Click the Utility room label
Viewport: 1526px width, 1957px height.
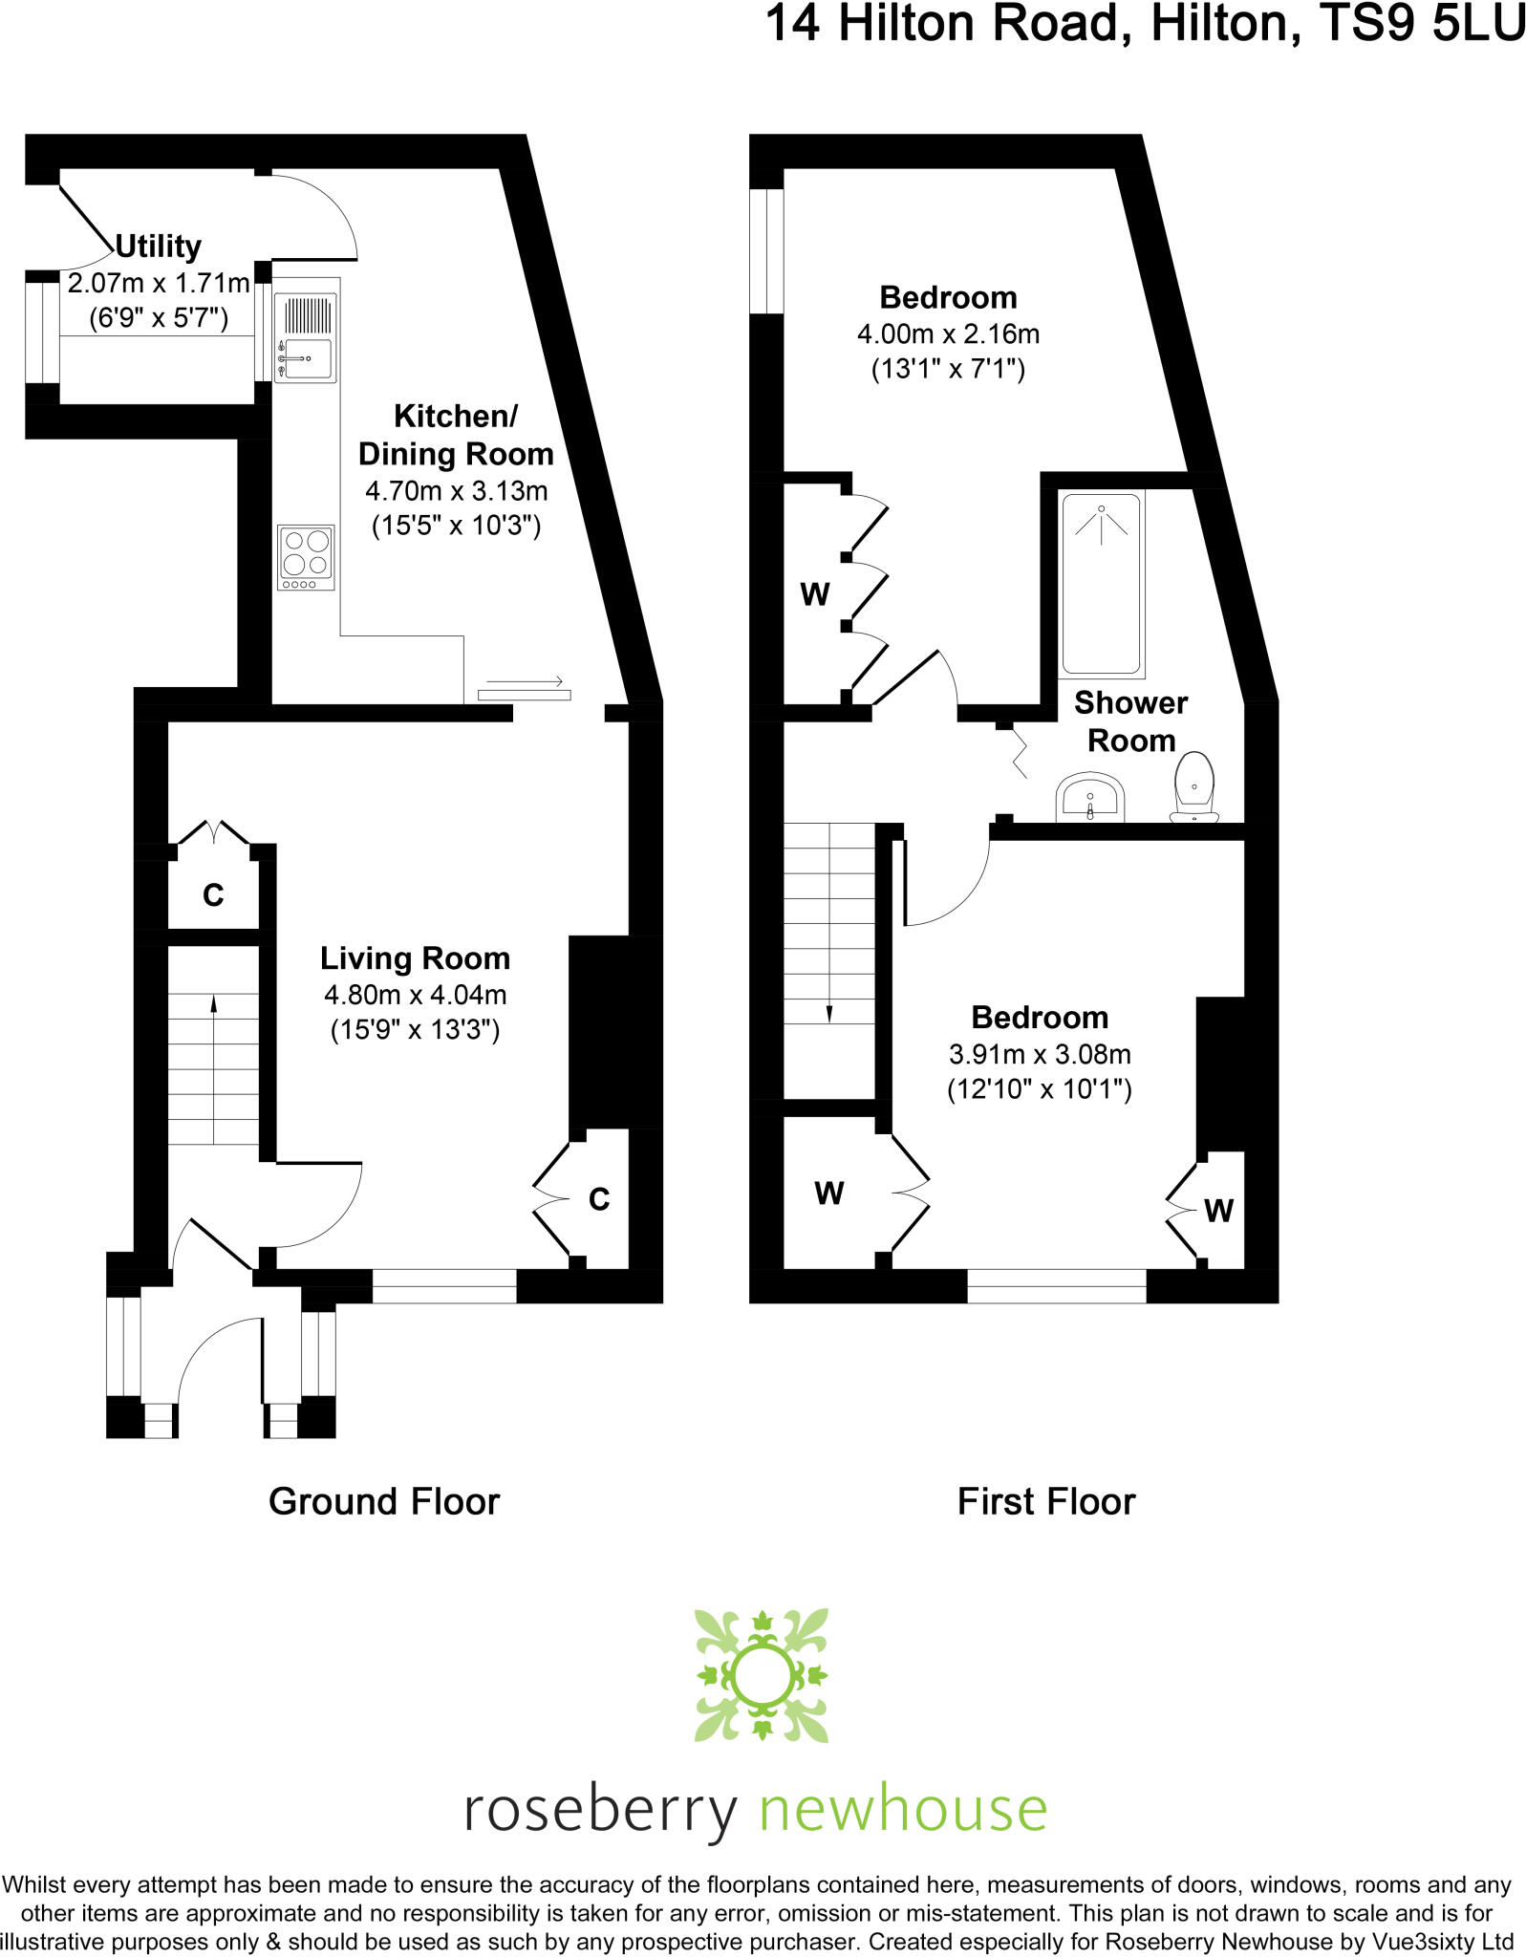coord(158,247)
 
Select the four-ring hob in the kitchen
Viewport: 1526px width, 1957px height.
coord(306,557)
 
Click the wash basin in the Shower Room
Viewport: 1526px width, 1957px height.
coord(1089,797)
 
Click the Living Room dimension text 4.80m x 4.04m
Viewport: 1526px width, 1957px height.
coord(415,995)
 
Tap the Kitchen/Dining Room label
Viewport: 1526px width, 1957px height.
coord(455,435)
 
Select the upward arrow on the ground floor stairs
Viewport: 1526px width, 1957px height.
coord(213,1002)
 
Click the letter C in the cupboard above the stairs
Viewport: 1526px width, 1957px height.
coord(213,895)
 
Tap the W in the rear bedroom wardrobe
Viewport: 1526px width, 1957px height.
coord(814,594)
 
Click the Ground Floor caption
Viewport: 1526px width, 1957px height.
coord(384,1501)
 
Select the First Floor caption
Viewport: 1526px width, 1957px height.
coord(1046,1501)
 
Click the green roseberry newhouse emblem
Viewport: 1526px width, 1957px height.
coord(762,1675)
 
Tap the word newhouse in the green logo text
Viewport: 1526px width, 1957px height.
coord(903,1810)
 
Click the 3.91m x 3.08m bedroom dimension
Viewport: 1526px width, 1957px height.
coord(1040,1054)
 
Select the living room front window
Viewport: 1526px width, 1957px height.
coord(444,1286)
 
